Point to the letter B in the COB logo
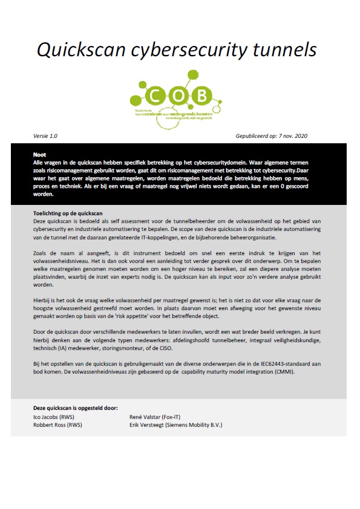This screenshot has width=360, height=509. coord(203,95)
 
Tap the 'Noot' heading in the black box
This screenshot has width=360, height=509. coord(40,155)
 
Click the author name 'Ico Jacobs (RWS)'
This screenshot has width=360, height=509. coord(55,417)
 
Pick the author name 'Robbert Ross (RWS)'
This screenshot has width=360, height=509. coord(58,424)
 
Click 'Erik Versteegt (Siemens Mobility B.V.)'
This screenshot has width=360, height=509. coord(176,424)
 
